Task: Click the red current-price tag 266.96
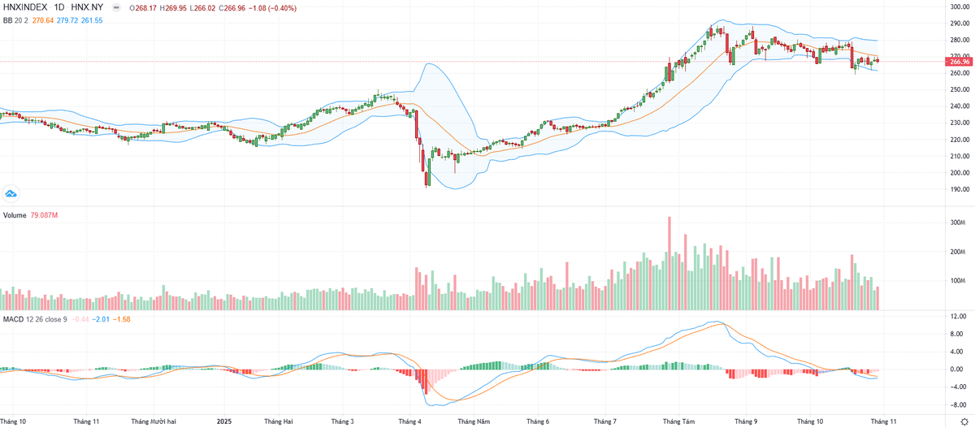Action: click(960, 62)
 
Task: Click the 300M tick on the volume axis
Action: click(957, 222)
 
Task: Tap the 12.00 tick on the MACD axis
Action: click(958, 316)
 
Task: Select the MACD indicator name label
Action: click(13, 319)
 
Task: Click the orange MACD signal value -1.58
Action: click(120, 319)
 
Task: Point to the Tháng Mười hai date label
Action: click(154, 422)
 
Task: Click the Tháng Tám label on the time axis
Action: click(678, 422)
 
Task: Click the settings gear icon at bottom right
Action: click(964, 422)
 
